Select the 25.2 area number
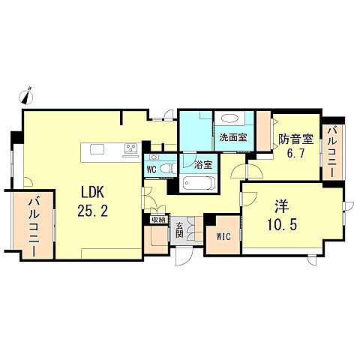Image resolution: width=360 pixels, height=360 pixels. [x=93, y=211]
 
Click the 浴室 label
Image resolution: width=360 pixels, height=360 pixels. [x=202, y=163]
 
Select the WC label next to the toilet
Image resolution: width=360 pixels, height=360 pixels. [x=151, y=169]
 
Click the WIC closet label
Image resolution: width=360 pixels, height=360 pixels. [x=223, y=238]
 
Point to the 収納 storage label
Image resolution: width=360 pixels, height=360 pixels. [x=157, y=220]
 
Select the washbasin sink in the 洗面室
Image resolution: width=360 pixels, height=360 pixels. [x=230, y=118]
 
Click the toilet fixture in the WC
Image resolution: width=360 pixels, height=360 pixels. [x=154, y=158]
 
